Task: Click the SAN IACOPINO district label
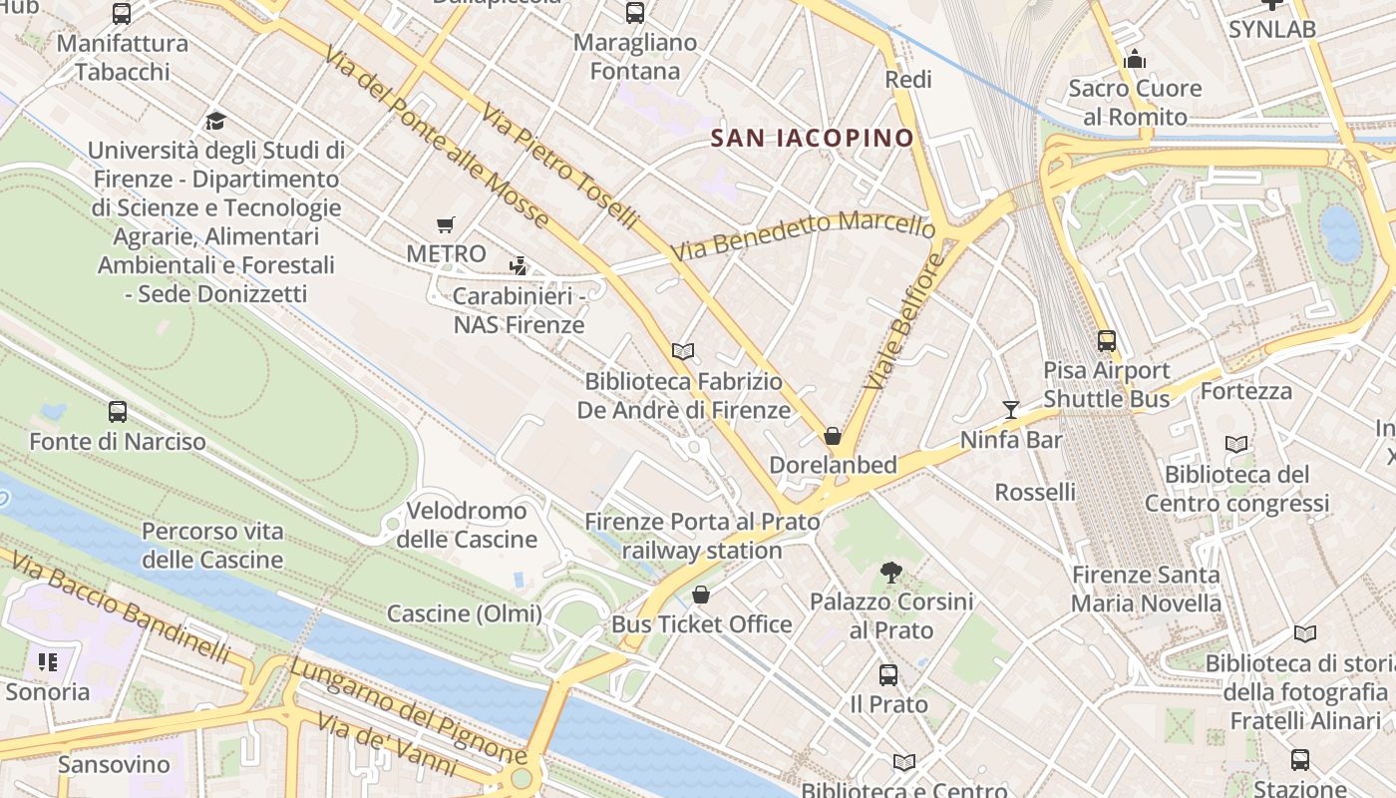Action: [x=813, y=138]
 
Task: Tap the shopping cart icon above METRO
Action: [x=446, y=225]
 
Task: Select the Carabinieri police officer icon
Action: [x=518, y=266]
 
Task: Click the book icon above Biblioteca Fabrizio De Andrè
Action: [x=683, y=351]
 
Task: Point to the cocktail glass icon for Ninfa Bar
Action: [x=1011, y=409]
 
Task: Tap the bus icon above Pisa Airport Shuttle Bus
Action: [x=1106, y=341]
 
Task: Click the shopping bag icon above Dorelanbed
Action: [x=833, y=436]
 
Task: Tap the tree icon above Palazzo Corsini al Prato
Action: [x=890, y=573]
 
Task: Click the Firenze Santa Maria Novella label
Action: [x=1146, y=589]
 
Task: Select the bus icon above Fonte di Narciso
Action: [x=118, y=411]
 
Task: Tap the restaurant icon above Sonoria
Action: [x=48, y=662]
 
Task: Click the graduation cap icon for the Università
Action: [x=215, y=122]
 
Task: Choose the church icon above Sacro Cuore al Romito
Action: [x=1134, y=60]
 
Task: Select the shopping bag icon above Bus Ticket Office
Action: [x=701, y=596]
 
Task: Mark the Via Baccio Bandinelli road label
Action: [x=120, y=610]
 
